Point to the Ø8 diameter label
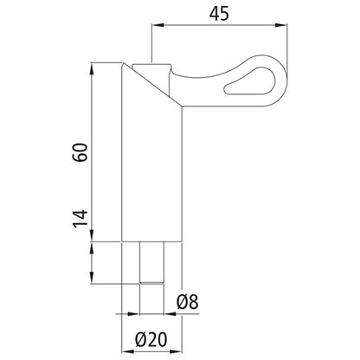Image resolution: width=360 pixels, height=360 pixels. click(188, 302)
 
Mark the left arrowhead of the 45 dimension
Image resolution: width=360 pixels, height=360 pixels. click(157, 28)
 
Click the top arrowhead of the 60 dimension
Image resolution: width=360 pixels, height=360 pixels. click(93, 67)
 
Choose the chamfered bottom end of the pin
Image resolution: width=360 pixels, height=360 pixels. click(151, 280)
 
